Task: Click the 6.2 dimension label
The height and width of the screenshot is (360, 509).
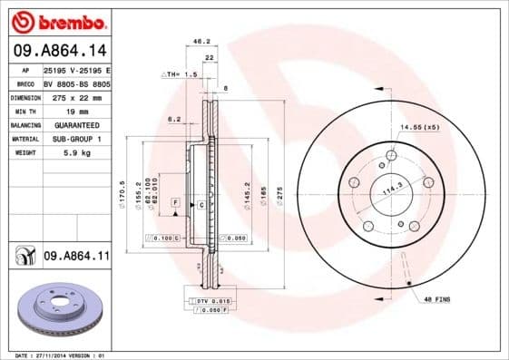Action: coord(174,119)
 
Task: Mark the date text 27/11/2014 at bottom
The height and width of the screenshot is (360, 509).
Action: coord(61,355)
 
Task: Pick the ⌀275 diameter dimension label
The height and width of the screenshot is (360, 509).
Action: coord(280,193)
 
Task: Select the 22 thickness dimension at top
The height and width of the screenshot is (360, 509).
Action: coord(210,57)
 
